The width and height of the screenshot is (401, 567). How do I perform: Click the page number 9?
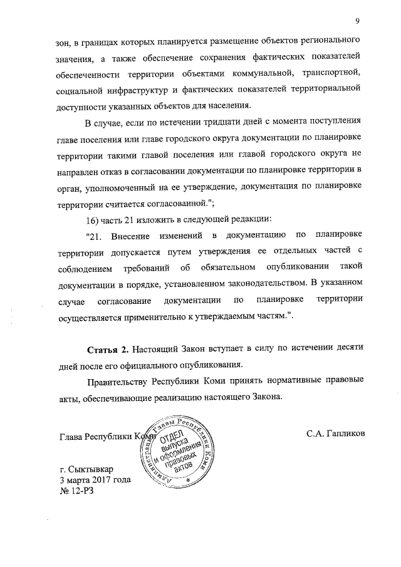click(356, 22)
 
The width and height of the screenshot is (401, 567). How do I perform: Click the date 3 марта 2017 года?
click(95, 481)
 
